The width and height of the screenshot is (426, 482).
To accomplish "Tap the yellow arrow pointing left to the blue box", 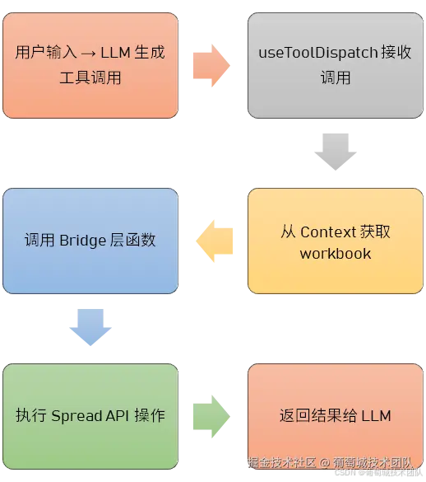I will click(x=213, y=240).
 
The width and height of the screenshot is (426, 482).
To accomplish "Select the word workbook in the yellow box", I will click(x=336, y=253).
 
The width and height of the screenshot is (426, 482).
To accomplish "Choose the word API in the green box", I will click(x=118, y=415).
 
